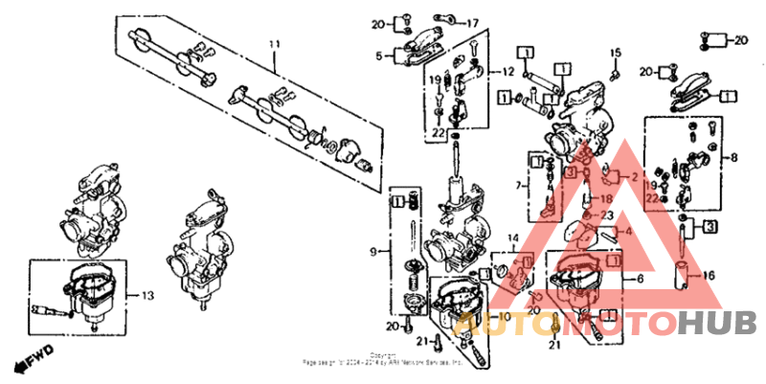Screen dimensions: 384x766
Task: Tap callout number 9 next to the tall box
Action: tap(374, 252)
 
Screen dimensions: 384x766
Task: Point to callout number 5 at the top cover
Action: tap(379, 56)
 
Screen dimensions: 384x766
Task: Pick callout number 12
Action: tap(507, 73)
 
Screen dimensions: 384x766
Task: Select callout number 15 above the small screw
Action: tap(617, 53)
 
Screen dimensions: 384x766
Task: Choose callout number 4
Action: tap(628, 231)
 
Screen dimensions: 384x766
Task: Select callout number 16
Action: tap(710, 275)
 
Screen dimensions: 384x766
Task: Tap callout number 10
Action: tap(505, 316)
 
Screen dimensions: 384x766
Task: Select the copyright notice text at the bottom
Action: tap(383, 361)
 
